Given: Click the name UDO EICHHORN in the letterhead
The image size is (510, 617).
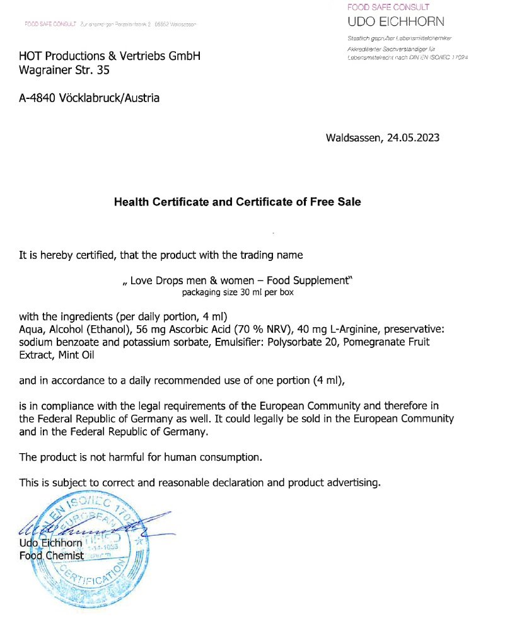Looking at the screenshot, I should point(395,22).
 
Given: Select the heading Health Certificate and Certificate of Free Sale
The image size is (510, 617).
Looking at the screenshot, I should point(237,202).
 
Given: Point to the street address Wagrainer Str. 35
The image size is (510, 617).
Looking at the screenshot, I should point(64,71).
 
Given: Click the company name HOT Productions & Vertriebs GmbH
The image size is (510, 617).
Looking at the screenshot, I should point(110,56).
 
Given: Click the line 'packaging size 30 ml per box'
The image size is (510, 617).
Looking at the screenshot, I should point(238,292).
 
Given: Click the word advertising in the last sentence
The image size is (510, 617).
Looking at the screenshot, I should point(353,483).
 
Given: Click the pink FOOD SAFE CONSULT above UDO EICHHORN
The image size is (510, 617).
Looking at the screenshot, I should point(388,8).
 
